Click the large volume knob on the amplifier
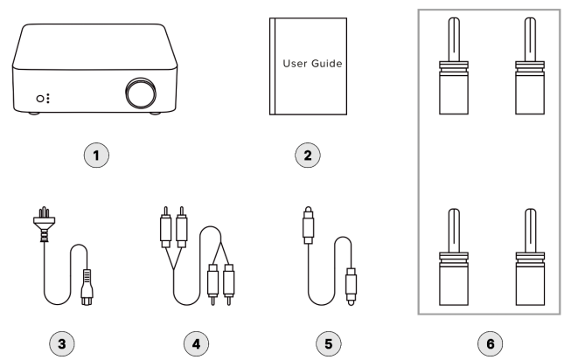[138, 91]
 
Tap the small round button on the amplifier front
[39, 99]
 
